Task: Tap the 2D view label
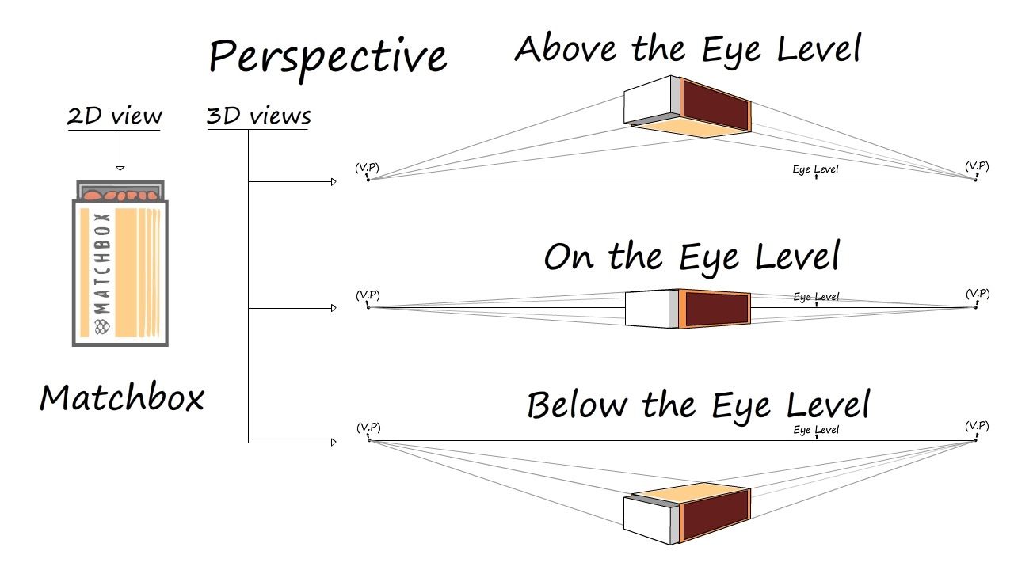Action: tap(115, 116)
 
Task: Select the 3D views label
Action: tap(258, 116)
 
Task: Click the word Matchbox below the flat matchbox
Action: tap(122, 397)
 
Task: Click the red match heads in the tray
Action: tap(120, 194)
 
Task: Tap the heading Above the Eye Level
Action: tap(687, 49)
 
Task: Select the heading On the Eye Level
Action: tap(691, 257)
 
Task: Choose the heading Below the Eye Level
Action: tap(698, 405)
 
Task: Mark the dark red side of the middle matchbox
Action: tap(716, 308)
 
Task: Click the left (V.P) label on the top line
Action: tap(367, 167)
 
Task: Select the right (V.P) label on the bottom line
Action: tap(977, 427)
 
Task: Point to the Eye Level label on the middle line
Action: tap(816, 297)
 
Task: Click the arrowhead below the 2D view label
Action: tap(120, 167)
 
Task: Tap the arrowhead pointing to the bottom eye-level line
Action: tap(334, 442)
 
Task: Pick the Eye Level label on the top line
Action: tap(815, 169)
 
